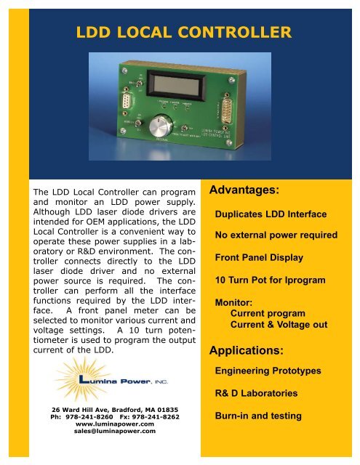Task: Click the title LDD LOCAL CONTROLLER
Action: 184,32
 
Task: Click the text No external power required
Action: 280,235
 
